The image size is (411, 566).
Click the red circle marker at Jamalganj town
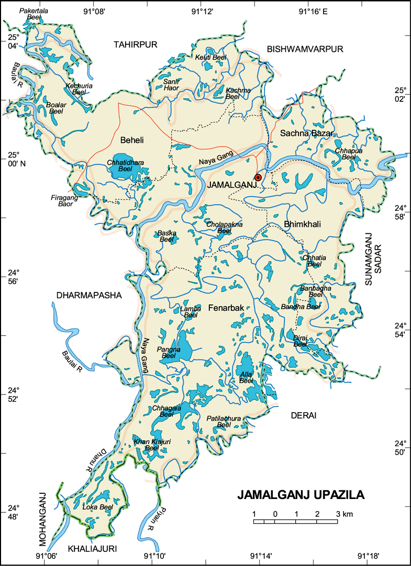click(258, 177)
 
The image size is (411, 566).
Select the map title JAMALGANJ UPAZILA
click(301, 495)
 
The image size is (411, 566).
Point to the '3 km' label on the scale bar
click(345, 514)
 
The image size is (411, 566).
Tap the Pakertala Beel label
click(33, 14)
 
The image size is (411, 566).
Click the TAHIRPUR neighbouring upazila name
click(136, 45)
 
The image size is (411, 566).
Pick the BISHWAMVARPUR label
click(305, 49)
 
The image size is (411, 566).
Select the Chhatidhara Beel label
click(125, 166)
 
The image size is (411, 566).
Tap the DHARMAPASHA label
click(88, 296)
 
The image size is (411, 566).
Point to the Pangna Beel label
click(169, 352)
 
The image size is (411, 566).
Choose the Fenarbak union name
click(226, 308)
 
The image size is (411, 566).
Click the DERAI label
click(303, 415)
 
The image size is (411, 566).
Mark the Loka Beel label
click(98, 507)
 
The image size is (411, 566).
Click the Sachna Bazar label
click(306, 133)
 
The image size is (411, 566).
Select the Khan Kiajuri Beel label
click(152, 445)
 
